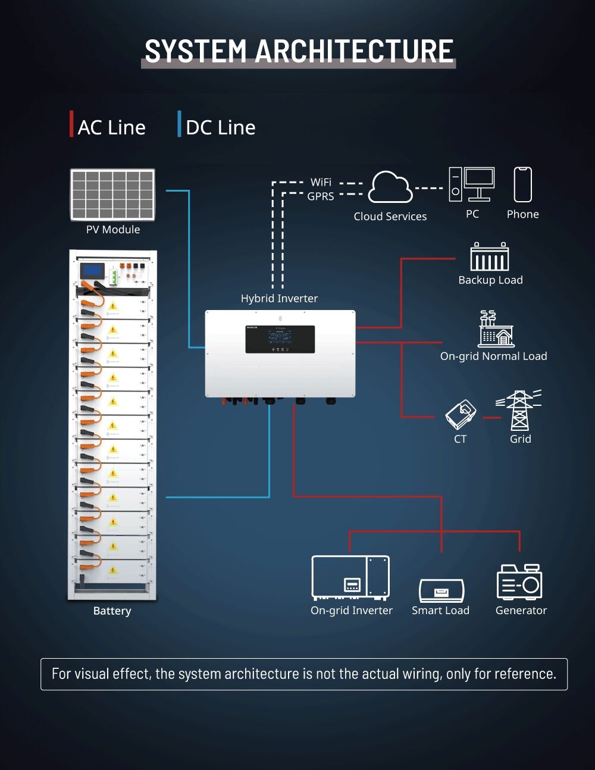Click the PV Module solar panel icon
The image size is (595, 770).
(112, 195)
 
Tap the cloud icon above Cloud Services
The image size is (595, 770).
(390, 187)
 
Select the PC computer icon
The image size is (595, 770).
(472, 184)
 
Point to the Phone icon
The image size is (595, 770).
(522, 184)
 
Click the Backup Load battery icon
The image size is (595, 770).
(490, 257)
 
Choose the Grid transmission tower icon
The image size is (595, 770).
(520, 410)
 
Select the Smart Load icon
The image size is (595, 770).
(441, 591)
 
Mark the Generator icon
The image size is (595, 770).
(519, 582)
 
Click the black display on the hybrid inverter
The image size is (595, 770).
(280, 339)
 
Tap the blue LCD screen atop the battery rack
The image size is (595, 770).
(92, 270)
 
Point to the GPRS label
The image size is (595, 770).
(321, 196)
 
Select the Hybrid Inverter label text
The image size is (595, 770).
(279, 299)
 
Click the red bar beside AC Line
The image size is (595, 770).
(71, 124)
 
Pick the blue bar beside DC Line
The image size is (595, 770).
(179, 124)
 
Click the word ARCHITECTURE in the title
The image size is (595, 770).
(354, 51)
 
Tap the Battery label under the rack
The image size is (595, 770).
(112, 611)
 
